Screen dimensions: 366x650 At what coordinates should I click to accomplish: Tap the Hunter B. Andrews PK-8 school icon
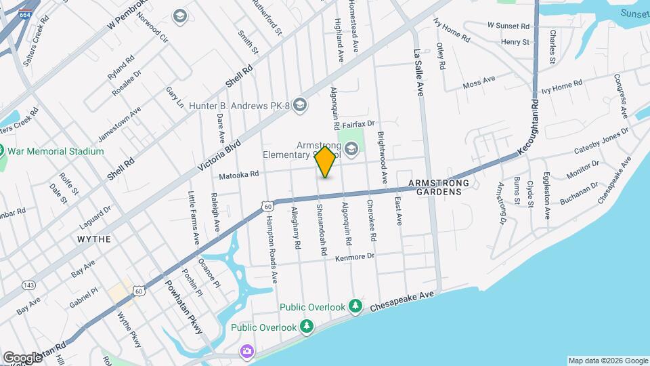301,105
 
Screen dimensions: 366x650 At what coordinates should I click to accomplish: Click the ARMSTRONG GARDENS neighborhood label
435,188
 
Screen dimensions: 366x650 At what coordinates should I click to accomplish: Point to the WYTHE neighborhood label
94,239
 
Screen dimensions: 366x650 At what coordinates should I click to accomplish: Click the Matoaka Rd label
239,174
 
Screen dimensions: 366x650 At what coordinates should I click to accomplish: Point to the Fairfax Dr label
358,125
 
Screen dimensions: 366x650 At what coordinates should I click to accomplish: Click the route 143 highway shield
29,285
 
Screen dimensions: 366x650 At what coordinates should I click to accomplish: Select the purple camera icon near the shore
247,350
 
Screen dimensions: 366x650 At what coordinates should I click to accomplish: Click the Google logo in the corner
22,357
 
